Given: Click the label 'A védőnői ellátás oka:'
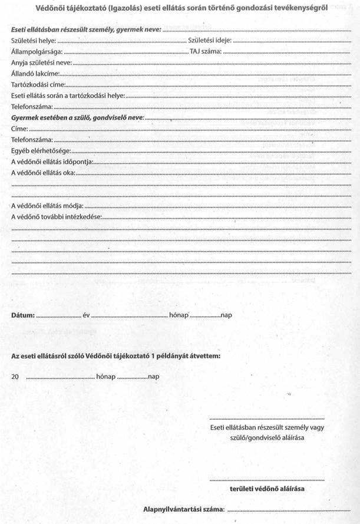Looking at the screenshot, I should (44, 173).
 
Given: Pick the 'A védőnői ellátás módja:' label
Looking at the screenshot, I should (47, 206).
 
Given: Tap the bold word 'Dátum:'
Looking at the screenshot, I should (23, 315).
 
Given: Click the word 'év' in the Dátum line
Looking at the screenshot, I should (86, 315).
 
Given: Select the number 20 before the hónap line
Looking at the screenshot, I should (15, 375).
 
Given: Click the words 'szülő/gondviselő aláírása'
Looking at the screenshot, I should (266, 438).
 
